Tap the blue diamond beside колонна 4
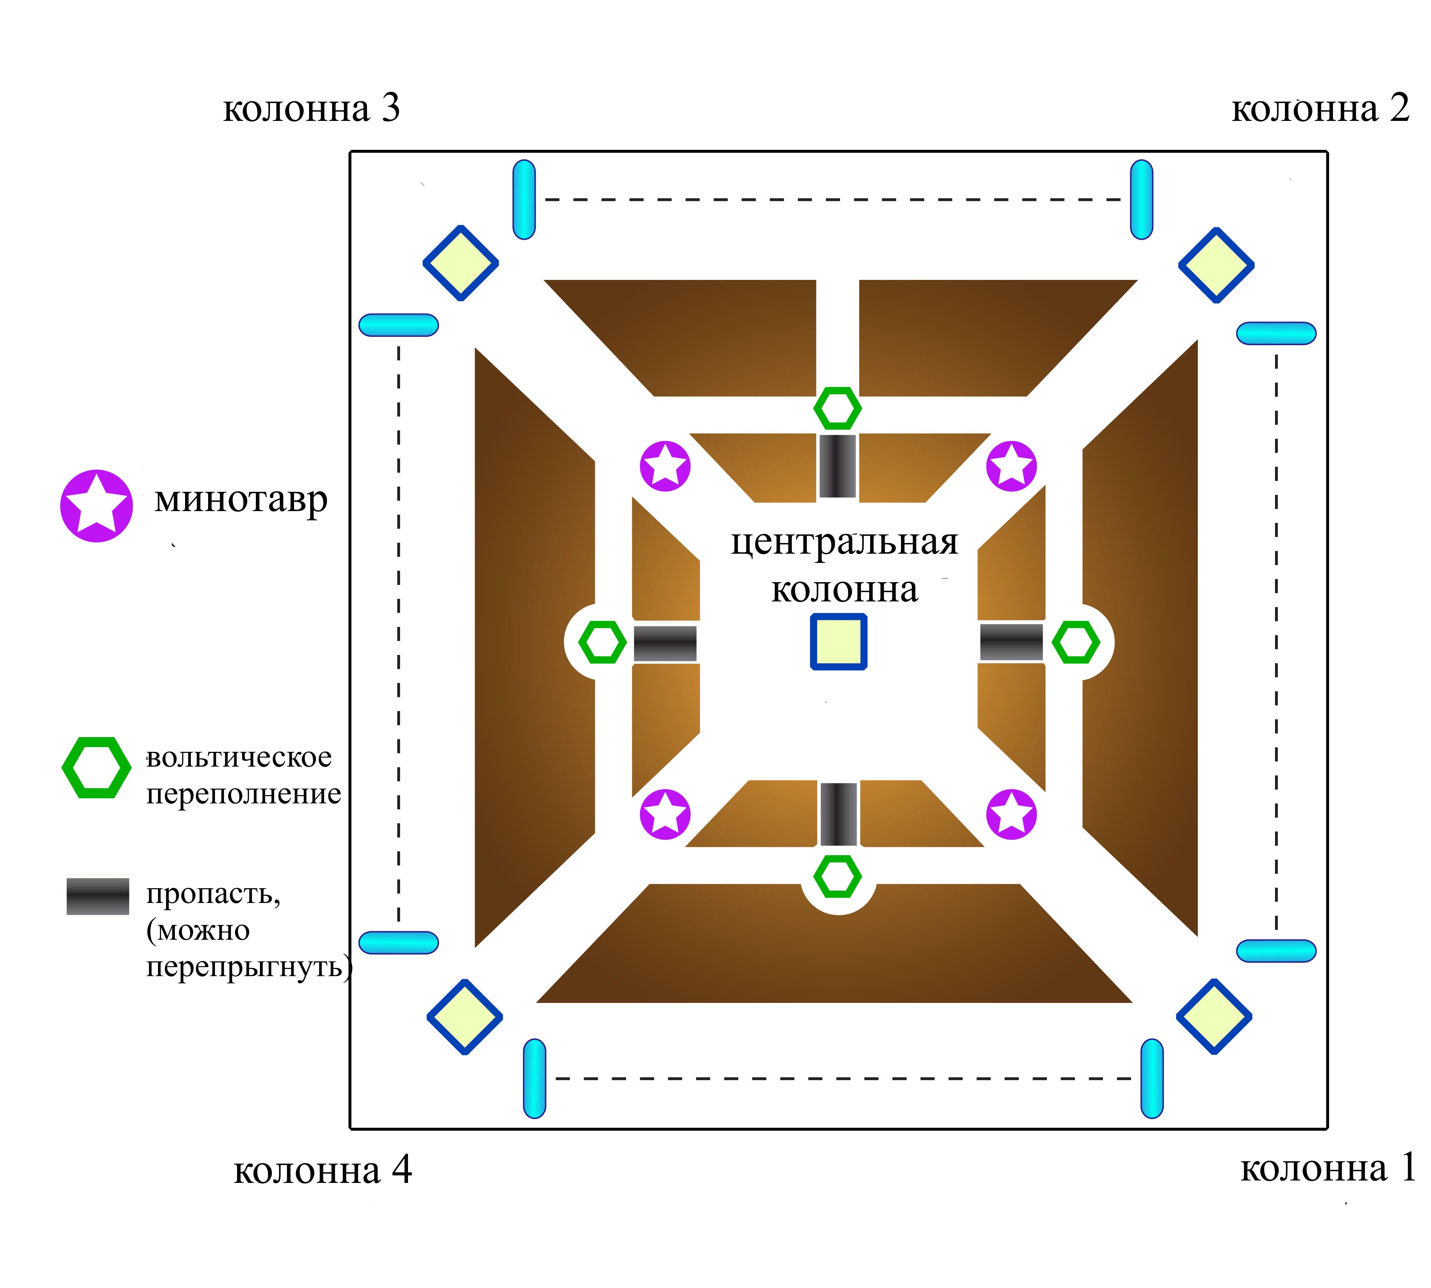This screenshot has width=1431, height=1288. coord(465,1017)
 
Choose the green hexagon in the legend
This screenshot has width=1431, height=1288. coord(96,768)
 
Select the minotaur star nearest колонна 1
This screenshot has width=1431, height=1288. coord(1011,815)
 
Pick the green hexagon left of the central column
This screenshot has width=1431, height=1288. coord(602,642)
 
